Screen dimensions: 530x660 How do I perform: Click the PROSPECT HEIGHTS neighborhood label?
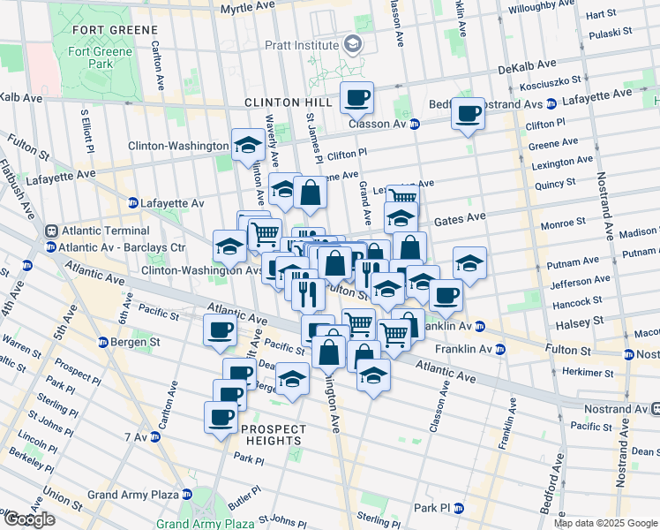tap(274, 435)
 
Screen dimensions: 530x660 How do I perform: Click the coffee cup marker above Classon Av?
tap(357, 99)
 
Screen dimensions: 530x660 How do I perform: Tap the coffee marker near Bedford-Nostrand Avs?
tap(469, 115)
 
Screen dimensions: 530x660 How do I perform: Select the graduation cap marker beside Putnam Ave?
tap(469, 264)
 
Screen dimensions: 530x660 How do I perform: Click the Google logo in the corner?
tap(29, 519)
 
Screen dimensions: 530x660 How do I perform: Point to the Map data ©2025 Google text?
tap(605, 523)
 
